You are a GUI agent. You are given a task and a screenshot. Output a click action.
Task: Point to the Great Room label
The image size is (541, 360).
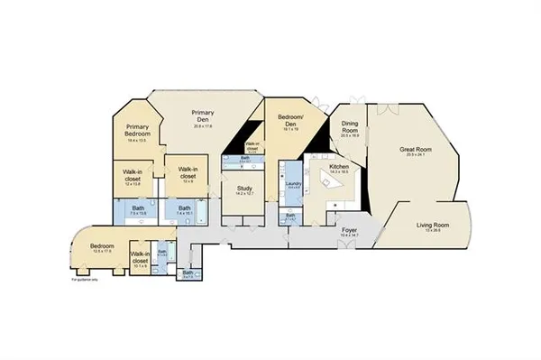point(415,151)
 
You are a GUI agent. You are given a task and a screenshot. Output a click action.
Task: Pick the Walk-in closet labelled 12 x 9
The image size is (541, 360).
point(188,173)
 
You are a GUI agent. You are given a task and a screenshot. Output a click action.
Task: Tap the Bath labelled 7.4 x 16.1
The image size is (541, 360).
point(184,212)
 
